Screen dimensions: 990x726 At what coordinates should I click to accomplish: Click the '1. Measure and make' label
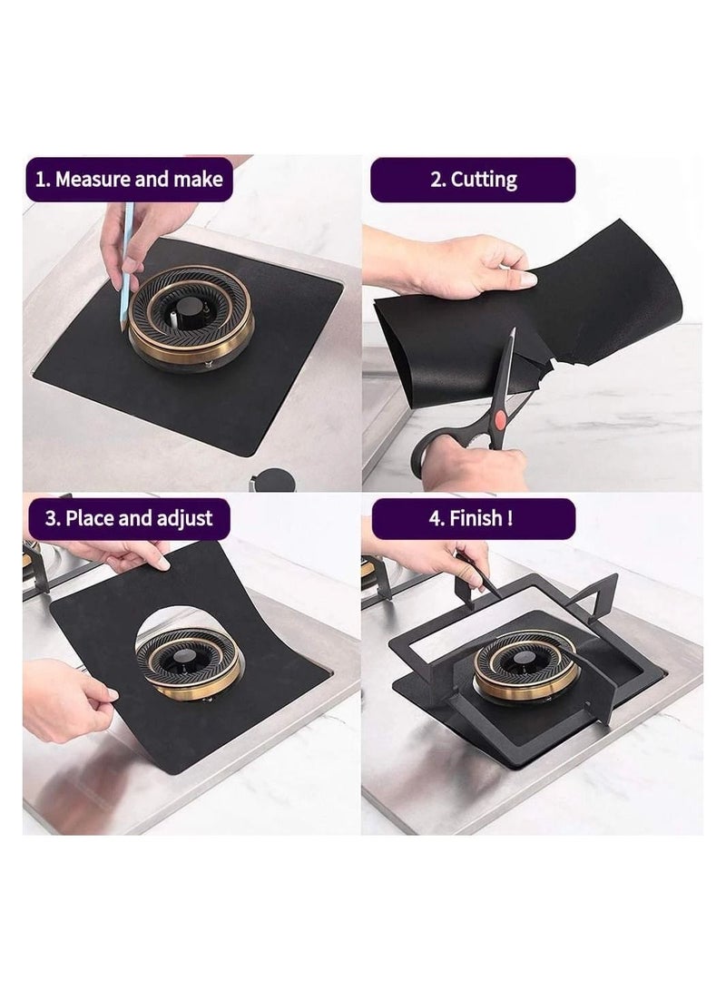pos(128,179)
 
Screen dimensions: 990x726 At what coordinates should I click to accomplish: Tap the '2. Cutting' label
pos(473,179)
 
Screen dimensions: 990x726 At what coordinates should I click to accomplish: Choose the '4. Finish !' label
pos(472,519)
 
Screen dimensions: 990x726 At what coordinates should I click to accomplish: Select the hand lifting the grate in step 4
pos(432,563)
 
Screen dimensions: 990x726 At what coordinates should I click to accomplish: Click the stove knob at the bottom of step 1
pos(271,480)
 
